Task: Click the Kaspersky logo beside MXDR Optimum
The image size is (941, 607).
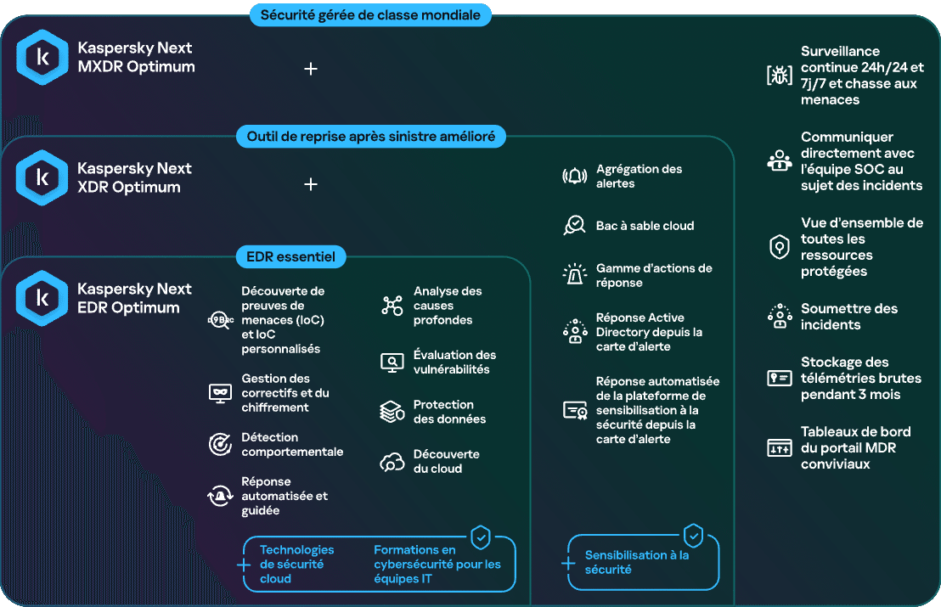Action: [x=42, y=57]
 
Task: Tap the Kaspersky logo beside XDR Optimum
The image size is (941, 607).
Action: [x=42, y=177]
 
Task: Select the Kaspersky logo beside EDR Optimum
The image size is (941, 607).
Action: [x=42, y=298]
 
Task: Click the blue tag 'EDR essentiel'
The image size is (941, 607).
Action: [x=291, y=256]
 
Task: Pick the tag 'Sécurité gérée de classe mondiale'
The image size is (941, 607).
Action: [x=370, y=15]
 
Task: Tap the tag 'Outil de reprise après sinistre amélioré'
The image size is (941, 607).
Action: [x=371, y=136]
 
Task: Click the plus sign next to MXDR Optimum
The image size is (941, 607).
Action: [x=311, y=69]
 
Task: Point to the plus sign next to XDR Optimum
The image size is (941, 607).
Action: [x=311, y=184]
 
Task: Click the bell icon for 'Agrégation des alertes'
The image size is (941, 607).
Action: [x=574, y=177]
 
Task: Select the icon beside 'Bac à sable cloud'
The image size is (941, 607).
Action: [x=574, y=226]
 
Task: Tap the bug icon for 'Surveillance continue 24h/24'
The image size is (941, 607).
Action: [x=780, y=75]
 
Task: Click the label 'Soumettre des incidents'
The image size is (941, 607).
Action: [x=849, y=317]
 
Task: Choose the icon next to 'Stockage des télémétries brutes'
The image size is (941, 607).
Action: [x=780, y=378]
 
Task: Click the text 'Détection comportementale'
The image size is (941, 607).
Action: [x=292, y=445]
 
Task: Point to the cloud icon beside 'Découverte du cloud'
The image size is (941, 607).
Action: [x=392, y=462]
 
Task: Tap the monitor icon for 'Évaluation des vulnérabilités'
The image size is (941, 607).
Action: [x=392, y=363]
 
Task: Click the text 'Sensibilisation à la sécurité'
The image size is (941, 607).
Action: [x=637, y=563]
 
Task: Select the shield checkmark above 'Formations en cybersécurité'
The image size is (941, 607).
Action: [x=481, y=537]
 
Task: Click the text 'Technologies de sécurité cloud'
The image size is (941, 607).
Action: [x=296, y=565]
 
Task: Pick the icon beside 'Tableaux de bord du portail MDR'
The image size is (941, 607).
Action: [x=780, y=448]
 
